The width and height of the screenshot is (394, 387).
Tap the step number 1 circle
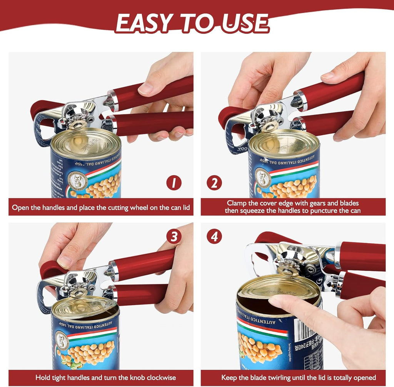(174, 182)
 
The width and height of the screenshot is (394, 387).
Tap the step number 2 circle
(214, 182)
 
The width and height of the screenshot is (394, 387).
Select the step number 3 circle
(174, 236)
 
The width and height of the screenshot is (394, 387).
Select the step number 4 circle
(214, 236)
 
